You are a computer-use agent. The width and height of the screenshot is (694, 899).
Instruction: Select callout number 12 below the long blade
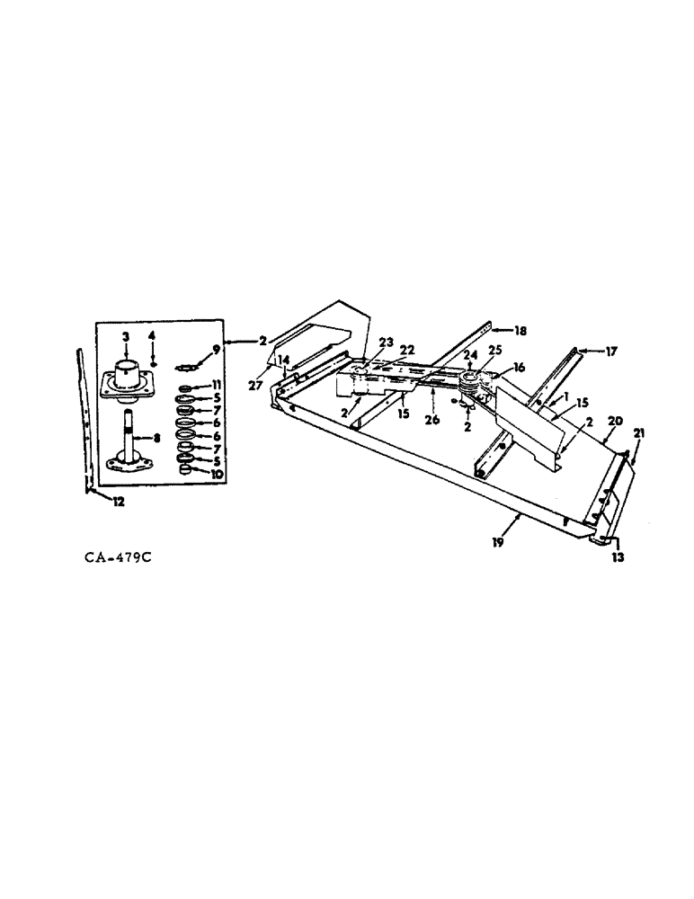coord(119,503)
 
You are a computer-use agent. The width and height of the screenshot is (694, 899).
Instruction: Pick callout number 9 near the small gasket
coord(216,349)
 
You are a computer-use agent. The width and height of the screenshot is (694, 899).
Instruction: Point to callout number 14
coord(285,360)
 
